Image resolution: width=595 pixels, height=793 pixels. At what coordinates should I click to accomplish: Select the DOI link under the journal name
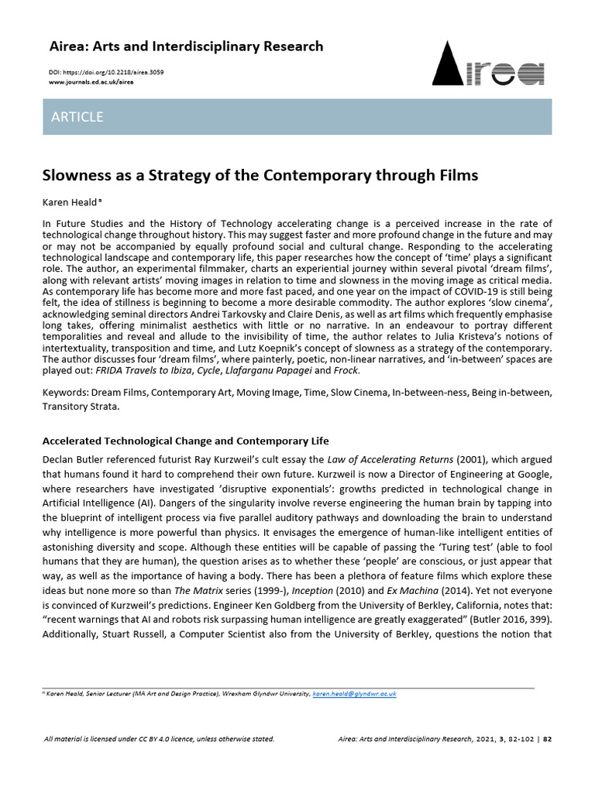105,72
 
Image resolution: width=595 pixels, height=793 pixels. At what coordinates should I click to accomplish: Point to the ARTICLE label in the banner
77,117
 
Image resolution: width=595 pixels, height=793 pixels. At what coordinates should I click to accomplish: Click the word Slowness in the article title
78,175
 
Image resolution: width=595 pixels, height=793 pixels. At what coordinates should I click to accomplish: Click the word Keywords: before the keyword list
66,393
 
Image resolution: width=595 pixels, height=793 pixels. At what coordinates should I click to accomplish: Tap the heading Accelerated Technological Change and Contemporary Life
185,441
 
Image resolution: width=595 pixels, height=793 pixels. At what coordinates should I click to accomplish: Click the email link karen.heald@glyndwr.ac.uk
354,695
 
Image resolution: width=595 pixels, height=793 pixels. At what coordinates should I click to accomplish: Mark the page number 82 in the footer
547,739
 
